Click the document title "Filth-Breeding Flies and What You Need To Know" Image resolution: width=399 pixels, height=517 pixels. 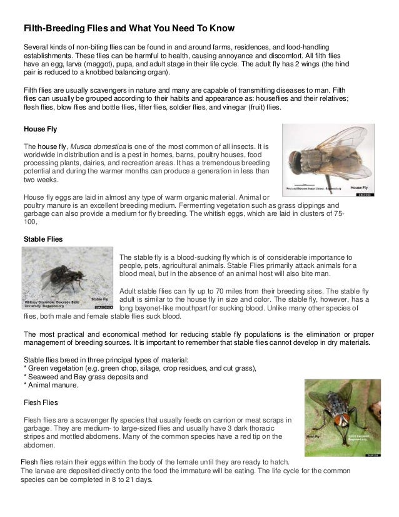(128, 29)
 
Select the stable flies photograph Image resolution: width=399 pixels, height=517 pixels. (68, 278)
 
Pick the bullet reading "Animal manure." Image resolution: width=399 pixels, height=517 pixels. (52, 386)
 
